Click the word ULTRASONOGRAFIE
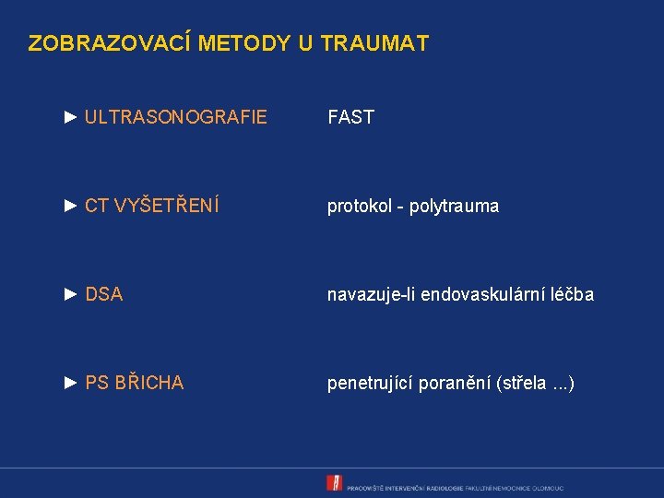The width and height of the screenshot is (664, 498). click(175, 117)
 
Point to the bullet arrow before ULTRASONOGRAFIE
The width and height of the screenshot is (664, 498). click(72, 117)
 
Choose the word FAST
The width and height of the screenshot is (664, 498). click(350, 117)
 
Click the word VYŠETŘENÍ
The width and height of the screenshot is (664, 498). click(166, 206)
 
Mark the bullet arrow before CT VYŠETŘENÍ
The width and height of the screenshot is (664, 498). click(72, 206)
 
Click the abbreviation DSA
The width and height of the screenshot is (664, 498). click(103, 295)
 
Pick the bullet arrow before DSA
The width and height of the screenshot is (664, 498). click(72, 295)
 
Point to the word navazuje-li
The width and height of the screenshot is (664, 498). click(372, 295)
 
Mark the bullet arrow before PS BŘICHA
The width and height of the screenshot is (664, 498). click(72, 383)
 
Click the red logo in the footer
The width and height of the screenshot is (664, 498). click(334, 483)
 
